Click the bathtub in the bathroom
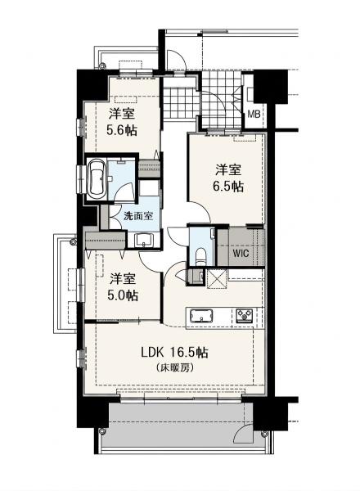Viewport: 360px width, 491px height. [x=96, y=178]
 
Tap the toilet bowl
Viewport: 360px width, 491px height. [x=200, y=256]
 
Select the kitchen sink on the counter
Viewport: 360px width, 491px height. [x=200, y=315]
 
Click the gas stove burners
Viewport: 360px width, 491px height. [x=244, y=316]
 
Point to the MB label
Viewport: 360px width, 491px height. [x=254, y=115]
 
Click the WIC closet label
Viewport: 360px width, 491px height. [x=241, y=253]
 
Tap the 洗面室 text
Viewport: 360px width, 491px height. [x=138, y=216]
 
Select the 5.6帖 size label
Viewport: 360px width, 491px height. [x=122, y=130]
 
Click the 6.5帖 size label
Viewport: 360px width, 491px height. [x=228, y=187]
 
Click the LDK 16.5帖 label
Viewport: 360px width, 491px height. [x=174, y=353]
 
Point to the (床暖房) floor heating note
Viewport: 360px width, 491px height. [x=174, y=367]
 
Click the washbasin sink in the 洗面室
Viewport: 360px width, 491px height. [x=144, y=240]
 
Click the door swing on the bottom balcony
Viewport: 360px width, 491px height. [x=242, y=431]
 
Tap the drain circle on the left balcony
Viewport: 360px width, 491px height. [x=74, y=241]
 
